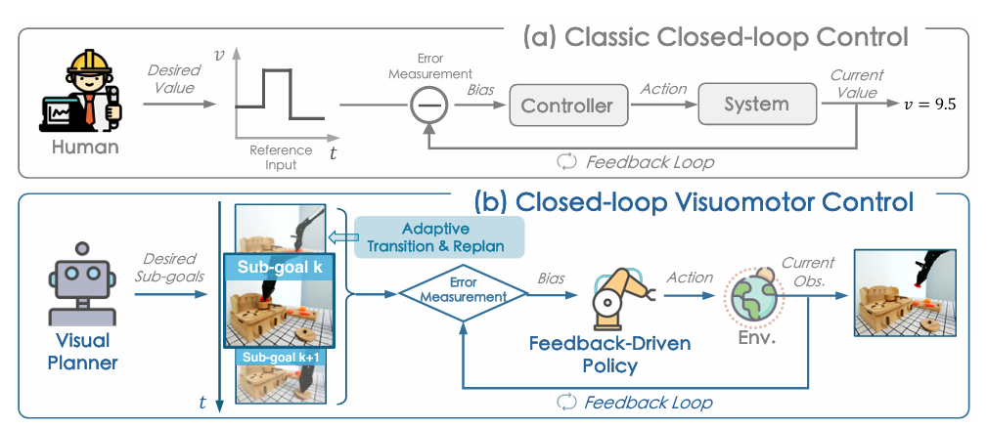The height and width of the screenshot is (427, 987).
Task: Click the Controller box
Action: pos(566,105)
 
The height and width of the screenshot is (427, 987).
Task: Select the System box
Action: pos(756,104)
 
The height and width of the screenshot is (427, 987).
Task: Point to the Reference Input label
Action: pos(281,157)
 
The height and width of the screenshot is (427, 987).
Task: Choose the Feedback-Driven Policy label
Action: pos(610,355)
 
